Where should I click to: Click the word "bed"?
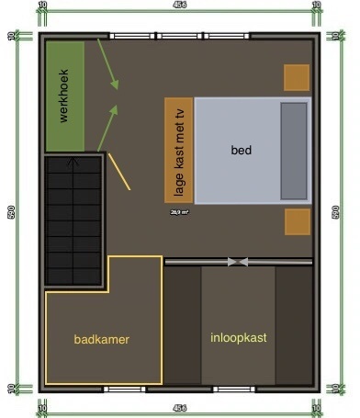pos(242,149)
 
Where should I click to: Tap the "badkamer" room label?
pos(102,339)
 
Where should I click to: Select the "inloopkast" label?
pos(238,337)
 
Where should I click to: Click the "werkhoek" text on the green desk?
pos(64,97)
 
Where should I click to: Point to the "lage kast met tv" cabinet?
pos(179,149)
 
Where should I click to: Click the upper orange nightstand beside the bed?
pos(297,78)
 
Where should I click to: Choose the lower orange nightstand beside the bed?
pos(297,222)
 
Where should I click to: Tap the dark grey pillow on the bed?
pos(294,150)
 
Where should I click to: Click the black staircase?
pos(74,220)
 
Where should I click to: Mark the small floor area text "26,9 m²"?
pos(179,211)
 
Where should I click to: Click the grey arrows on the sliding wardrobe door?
pos(238,262)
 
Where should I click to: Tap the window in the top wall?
pos(179,36)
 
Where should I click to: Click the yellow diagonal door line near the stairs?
pos(119,172)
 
